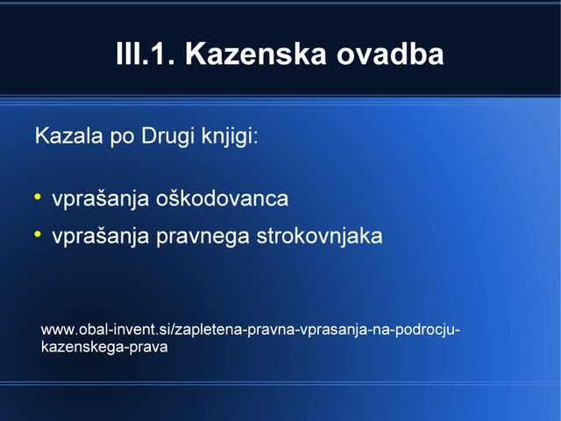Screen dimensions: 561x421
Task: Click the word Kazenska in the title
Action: click(256, 54)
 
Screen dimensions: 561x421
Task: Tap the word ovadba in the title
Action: click(390, 54)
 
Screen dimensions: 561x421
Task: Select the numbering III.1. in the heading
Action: click(146, 54)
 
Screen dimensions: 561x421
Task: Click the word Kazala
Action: click(68, 136)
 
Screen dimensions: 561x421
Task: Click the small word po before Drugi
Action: click(122, 138)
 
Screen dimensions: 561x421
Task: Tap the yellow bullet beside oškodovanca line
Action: click(38, 196)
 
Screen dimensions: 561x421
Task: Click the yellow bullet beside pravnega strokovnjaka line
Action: click(38, 234)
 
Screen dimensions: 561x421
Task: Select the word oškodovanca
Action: click(222, 199)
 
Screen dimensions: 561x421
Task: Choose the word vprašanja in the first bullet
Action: click(101, 200)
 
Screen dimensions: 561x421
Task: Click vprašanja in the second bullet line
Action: click(101, 237)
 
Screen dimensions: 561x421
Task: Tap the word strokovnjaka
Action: click(319, 236)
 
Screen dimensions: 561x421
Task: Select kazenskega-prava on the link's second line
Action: click(104, 347)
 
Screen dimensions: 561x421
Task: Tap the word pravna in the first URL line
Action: click(271, 331)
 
